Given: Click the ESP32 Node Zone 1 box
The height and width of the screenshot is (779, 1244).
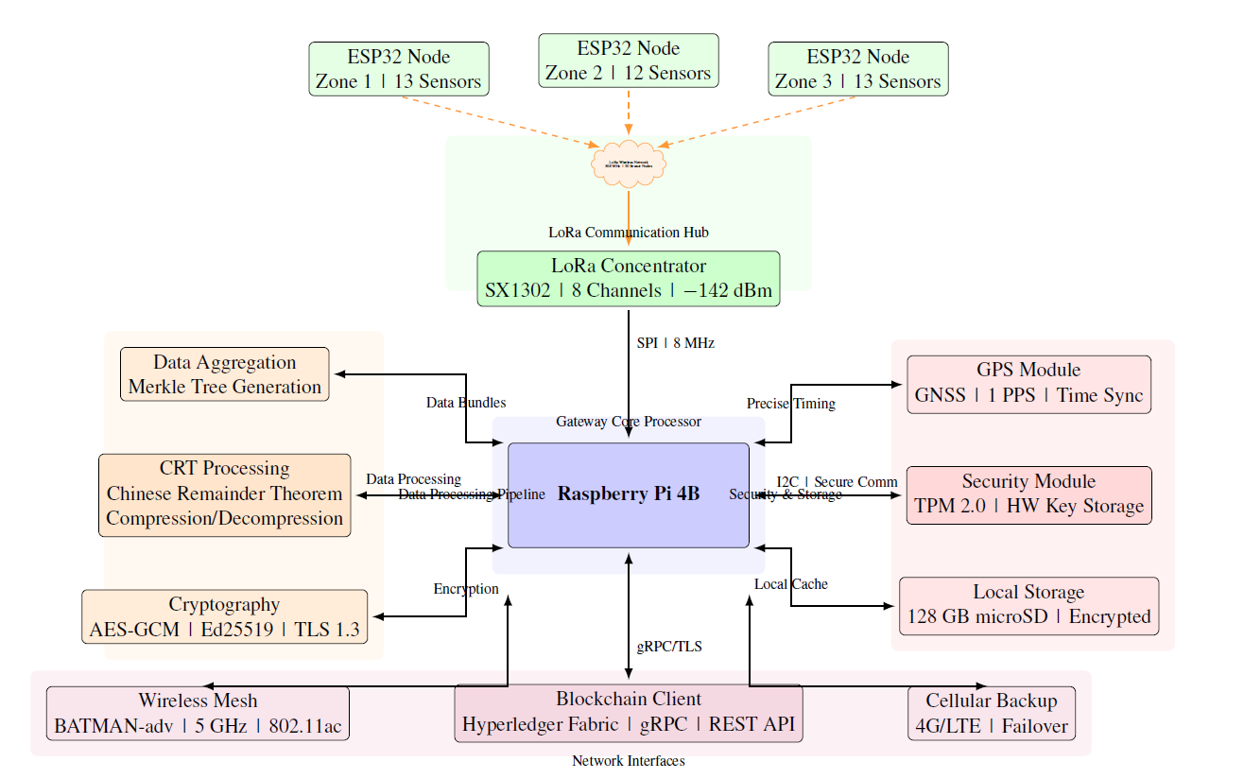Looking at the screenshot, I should [398, 69].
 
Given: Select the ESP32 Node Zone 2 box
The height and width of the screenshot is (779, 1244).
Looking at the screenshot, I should [628, 61].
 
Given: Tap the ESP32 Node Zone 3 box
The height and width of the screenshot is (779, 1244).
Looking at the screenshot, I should [857, 69].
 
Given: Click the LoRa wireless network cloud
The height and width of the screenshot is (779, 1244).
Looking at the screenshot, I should [629, 163].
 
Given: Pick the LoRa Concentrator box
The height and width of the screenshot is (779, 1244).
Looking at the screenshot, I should [628, 279].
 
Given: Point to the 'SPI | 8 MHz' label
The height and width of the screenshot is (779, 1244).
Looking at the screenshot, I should [675, 343].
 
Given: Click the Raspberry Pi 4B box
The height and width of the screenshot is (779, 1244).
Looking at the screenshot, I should [629, 494].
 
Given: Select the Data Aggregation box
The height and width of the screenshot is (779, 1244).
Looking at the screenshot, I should [225, 374].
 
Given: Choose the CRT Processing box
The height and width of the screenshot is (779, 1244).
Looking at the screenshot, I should [225, 494].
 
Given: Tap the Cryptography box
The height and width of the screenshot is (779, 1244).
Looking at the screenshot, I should [225, 617].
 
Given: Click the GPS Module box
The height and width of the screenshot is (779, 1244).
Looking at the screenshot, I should [1028, 384].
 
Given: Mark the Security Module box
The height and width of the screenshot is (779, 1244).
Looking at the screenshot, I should [1028, 494].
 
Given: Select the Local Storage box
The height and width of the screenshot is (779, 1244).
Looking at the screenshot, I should [1028, 605].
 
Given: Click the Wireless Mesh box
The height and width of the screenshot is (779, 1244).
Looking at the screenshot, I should [198, 714].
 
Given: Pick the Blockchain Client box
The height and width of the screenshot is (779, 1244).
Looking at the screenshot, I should [629, 713].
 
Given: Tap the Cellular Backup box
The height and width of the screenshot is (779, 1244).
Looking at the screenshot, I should [991, 714].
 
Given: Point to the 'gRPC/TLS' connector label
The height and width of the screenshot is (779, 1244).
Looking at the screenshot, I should [669, 648].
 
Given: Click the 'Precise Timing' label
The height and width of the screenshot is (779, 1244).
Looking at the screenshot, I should [791, 404].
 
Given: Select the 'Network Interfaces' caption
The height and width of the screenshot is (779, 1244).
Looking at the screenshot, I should [629, 761].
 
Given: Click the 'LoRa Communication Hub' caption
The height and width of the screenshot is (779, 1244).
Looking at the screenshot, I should [629, 233].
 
